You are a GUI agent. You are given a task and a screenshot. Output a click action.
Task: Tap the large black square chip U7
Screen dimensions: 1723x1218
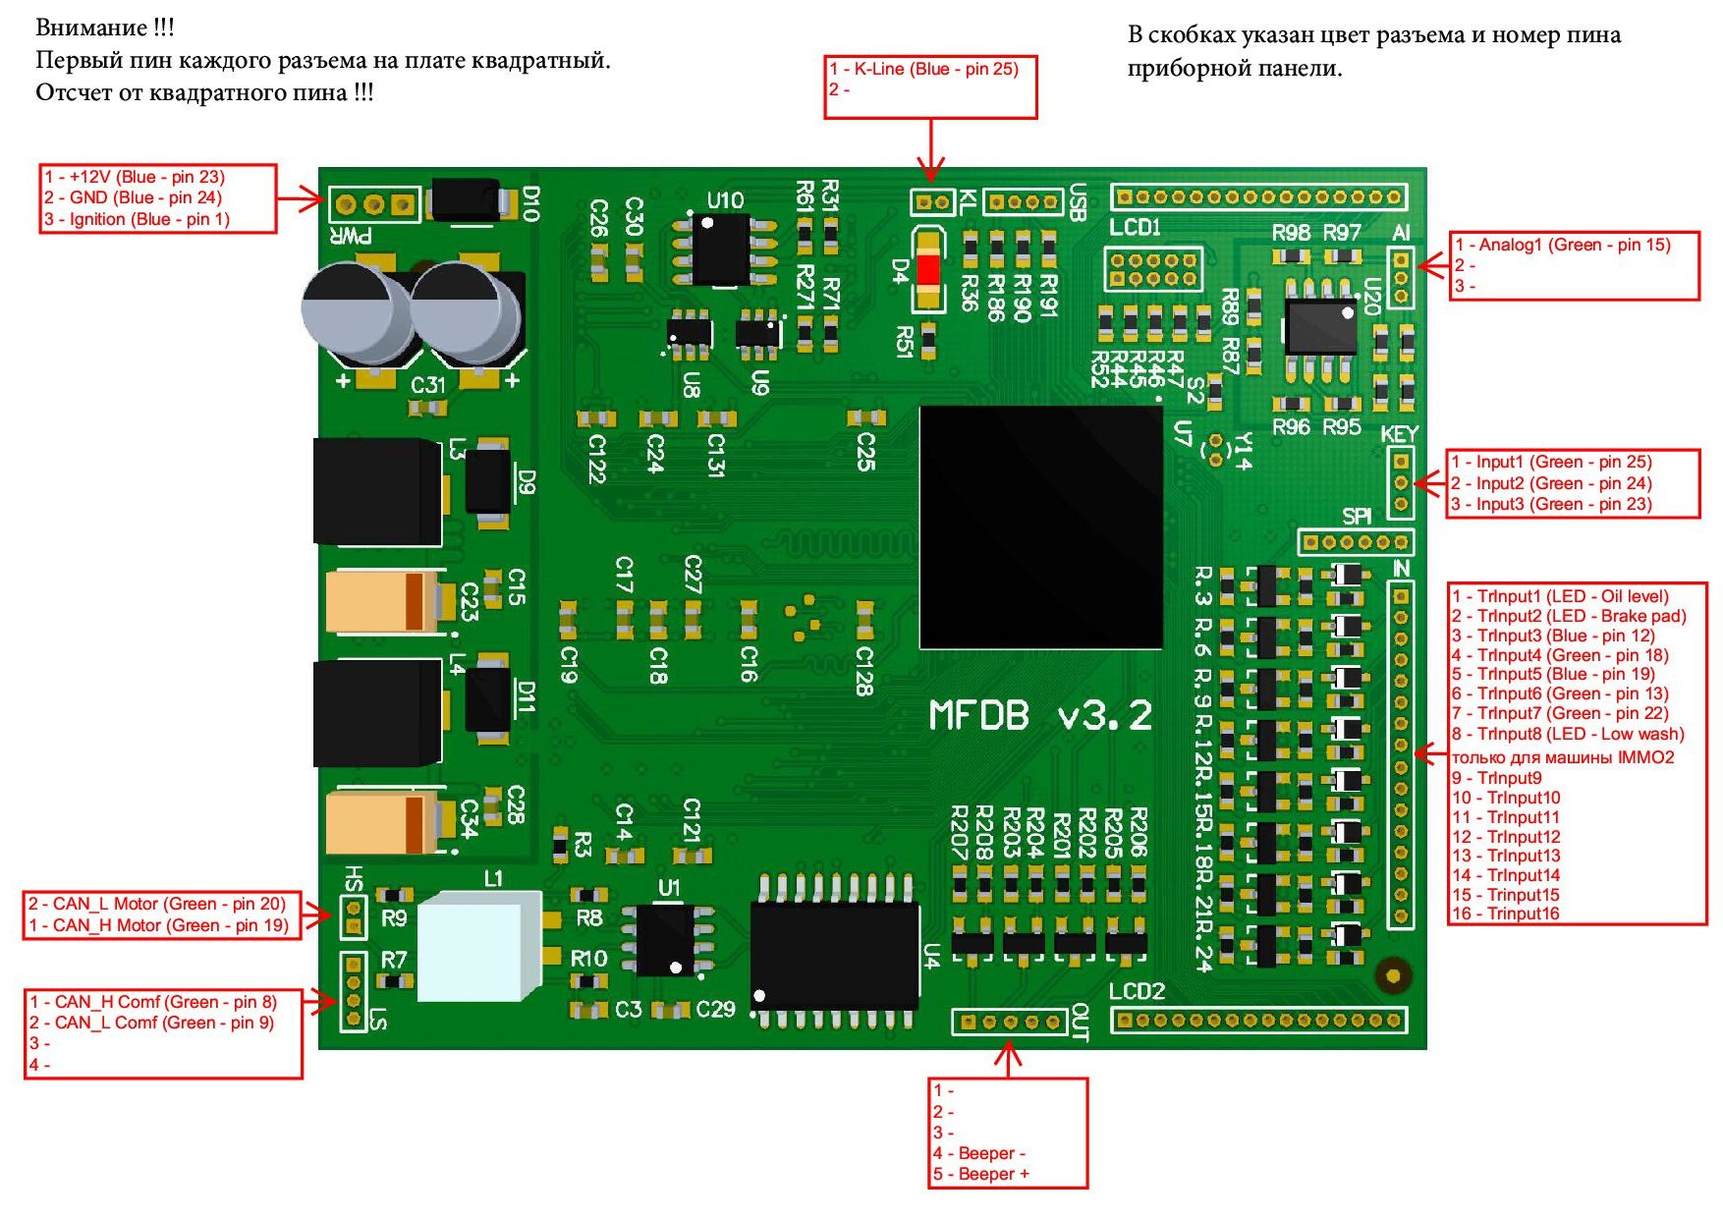tap(1041, 527)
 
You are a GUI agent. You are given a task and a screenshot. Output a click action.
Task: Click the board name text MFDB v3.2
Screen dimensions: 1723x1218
tap(1041, 715)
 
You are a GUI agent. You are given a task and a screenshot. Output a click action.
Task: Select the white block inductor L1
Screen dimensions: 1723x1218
tap(479, 945)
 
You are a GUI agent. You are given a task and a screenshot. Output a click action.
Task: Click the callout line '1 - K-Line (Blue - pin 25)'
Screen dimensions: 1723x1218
tap(924, 69)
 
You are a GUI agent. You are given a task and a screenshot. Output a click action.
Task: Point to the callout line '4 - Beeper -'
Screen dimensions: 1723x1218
tap(979, 1153)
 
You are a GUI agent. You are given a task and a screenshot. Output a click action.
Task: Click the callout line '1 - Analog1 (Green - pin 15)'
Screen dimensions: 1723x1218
tap(1563, 245)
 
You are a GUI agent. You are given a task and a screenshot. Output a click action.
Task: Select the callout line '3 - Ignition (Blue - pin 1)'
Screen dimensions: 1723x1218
tap(137, 219)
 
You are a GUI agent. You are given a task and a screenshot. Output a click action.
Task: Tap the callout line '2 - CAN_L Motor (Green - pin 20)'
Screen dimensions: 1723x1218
tap(157, 904)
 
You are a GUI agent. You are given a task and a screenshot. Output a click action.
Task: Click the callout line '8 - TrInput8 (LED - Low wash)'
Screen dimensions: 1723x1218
tap(1568, 734)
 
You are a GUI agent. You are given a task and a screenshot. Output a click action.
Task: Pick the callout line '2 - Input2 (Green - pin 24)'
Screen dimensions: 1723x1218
tap(1552, 483)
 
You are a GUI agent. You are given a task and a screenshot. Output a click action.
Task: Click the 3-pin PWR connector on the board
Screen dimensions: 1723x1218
tap(373, 204)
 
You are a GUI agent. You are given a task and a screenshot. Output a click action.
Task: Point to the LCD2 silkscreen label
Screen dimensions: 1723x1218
tap(1138, 990)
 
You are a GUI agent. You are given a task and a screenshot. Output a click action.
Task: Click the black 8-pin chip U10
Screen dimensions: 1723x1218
tap(723, 249)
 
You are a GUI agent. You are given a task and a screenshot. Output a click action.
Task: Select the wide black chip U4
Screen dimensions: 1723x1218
tap(835, 953)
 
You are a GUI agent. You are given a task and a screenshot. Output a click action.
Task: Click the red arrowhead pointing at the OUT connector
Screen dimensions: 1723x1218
tap(1008, 1055)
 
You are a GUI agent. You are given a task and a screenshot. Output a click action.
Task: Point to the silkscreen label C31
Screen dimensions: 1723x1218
tap(428, 385)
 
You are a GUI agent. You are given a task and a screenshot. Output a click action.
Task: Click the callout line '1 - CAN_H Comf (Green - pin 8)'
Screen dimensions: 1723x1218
tap(153, 1002)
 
